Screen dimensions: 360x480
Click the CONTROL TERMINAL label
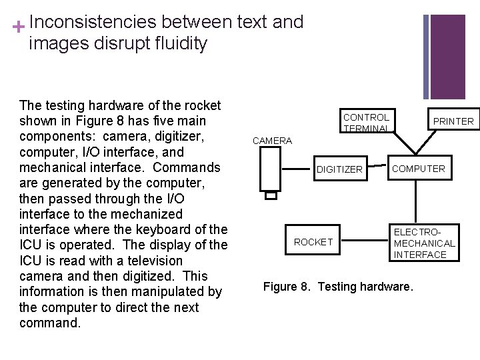pyautogui.click(x=366, y=122)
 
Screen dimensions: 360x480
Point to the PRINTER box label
pyautogui.click(x=453, y=121)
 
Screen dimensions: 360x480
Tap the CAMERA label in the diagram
pyautogui.click(x=272, y=141)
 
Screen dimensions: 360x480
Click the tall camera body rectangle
pyautogui.click(x=271, y=169)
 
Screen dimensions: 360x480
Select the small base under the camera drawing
pyautogui.click(x=271, y=195)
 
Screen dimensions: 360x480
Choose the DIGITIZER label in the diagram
pyautogui.click(x=339, y=169)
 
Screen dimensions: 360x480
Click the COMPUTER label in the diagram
pyautogui.click(x=418, y=169)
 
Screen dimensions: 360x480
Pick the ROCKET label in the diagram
pyautogui.click(x=313, y=242)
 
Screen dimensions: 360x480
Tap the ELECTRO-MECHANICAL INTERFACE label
pyautogui.click(x=425, y=243)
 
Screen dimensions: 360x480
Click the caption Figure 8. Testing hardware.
pyautogui.click(x=338, y=287)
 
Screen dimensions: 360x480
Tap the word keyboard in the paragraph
pyautogui.click(x=167, y=230)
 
